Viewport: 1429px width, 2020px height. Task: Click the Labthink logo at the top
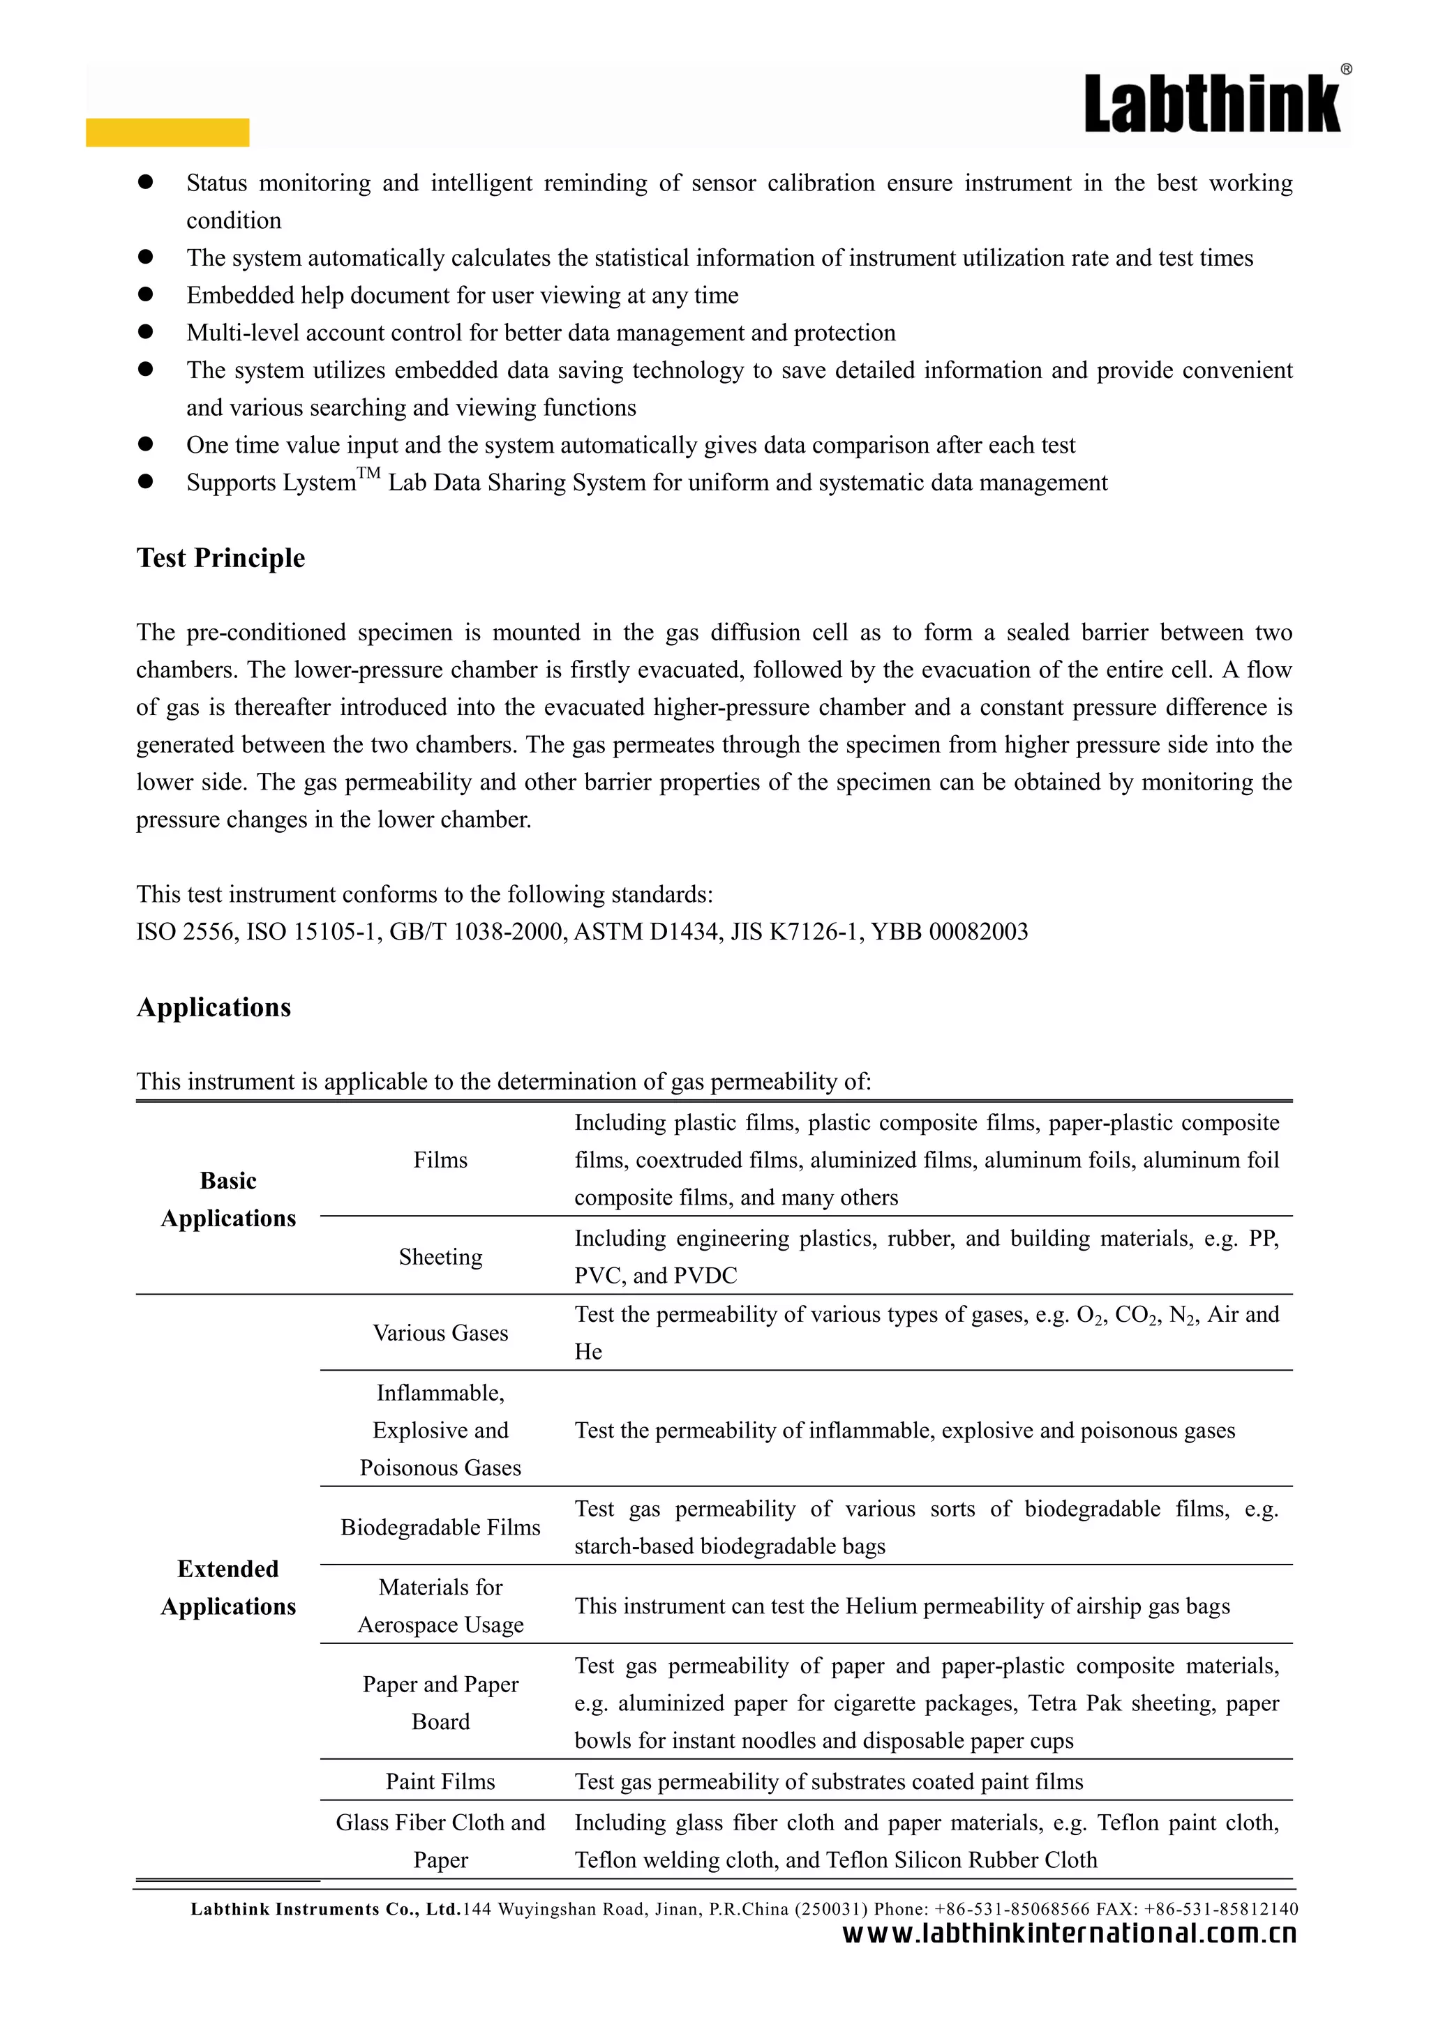coord(1212,105)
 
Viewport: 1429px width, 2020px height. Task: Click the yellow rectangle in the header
coord(167,132)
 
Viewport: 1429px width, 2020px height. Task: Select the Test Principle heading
coord(220,558)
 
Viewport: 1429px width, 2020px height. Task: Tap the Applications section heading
coord(213,1007)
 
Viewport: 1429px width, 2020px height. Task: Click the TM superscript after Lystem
coord(368,474)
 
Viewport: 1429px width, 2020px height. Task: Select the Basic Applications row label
coord(228,1199)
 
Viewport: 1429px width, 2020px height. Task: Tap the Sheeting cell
coord(440,1256)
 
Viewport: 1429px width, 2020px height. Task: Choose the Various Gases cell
coord(440,1333)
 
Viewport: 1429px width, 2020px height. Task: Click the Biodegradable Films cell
coord(440,1528)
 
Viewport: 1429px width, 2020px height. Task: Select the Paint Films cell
coord(440,1781)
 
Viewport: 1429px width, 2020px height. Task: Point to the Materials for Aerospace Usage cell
coord(440,1606)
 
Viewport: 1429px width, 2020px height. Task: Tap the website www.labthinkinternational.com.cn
coord(1069,1933)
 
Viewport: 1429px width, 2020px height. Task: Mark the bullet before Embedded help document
coord(145,295)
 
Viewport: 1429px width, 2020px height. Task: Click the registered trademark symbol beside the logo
coord(1346,70)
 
